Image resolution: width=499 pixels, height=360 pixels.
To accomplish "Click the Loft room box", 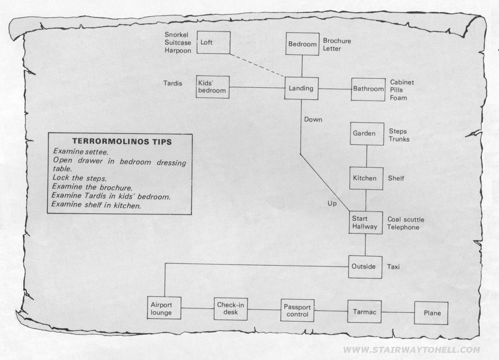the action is (x=213, y=42).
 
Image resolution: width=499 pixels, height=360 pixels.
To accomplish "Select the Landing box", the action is (x=301, y=88).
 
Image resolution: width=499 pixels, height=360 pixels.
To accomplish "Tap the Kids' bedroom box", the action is (x=212, y=86).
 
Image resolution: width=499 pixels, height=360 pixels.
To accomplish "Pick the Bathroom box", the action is (x=368, y=89).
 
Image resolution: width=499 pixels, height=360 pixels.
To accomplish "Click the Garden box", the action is (x=367, y=134).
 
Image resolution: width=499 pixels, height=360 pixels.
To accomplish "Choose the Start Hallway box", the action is (x=366, y=223).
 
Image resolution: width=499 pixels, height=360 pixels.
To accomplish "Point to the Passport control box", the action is (x=298, y=310).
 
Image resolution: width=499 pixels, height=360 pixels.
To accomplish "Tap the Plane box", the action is (x=431, y=313).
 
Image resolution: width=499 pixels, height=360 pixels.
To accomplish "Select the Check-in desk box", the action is (x=231, y=309).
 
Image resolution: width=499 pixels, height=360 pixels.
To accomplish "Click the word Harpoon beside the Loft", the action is (x=178, y=51).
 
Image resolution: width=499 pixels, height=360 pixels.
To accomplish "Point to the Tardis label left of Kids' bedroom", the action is (x=173, y=83).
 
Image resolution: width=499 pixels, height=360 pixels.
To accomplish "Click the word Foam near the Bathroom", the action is (x=399, y=97).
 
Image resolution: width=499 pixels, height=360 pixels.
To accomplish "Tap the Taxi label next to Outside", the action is (x=393, y=267).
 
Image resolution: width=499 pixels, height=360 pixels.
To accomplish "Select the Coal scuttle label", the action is (x=406, y=220).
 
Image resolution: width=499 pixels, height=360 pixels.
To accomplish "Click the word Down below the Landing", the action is (x=313, y=120).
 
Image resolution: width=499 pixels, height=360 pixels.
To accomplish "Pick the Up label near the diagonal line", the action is (x=332, y=203).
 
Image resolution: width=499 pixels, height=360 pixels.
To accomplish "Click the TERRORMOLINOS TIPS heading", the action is (x=122, y=142).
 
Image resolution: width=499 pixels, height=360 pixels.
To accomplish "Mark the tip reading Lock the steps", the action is (x=80, y=178).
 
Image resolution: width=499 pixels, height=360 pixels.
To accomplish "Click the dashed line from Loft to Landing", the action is (x=257, y=66).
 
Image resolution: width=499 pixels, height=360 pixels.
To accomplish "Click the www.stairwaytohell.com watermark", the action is (x=412, y=350).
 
